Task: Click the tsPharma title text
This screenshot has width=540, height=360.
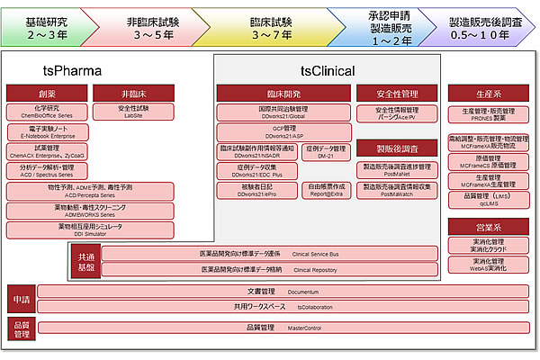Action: tap(72, 70)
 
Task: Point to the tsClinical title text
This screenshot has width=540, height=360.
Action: tap(327, 70)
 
